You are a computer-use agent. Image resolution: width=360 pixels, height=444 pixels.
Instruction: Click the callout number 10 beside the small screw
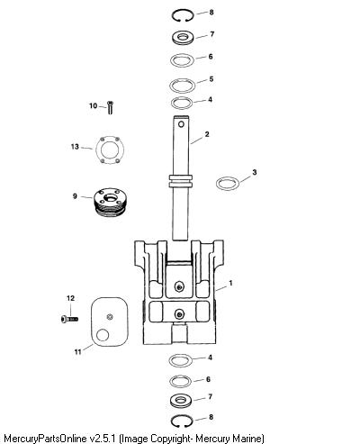tap(94, 105)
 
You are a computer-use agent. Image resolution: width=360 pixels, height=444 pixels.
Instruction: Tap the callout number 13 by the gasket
tap(75, 147)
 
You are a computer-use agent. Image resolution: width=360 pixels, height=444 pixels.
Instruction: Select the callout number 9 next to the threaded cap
tap(75, 196)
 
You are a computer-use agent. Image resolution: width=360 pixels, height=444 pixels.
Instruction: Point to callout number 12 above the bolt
tap(70, 298)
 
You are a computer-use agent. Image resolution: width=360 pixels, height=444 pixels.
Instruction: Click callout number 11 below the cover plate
tap(78, 351)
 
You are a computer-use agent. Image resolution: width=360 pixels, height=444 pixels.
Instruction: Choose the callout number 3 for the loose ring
tap(255, 172)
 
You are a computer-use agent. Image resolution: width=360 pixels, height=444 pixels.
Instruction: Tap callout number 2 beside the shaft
tap(207, 134)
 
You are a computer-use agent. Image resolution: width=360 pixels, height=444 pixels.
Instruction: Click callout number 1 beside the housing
tap(230, 283)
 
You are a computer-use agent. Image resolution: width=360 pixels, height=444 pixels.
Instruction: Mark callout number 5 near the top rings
tap(211, 79)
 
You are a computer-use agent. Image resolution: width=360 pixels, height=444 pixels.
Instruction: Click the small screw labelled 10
tap(110, 107)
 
